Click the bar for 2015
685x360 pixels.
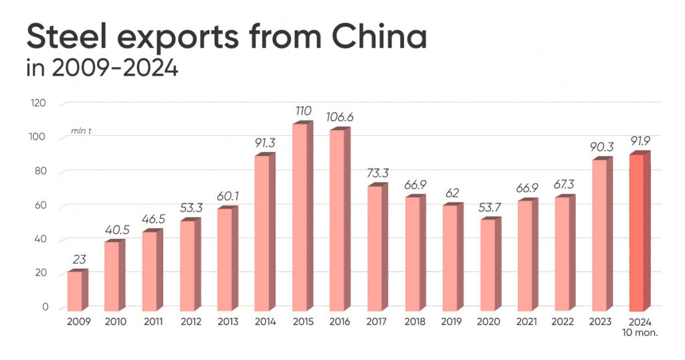tap(302, 217)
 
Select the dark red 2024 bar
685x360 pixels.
tap(639, 233)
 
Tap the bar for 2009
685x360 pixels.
tap(78, 290)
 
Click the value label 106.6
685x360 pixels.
tap(339, 117)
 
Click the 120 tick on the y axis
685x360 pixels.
tap(39, 103)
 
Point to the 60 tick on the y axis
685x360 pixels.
tap(41, 205)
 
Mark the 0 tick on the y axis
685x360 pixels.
tap(45, 307)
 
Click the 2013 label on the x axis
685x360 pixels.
tap(228, 322)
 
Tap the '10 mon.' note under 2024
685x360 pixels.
tap(641, 332)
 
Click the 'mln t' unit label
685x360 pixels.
tap(81, 130)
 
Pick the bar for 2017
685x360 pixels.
tap(377, 248)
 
